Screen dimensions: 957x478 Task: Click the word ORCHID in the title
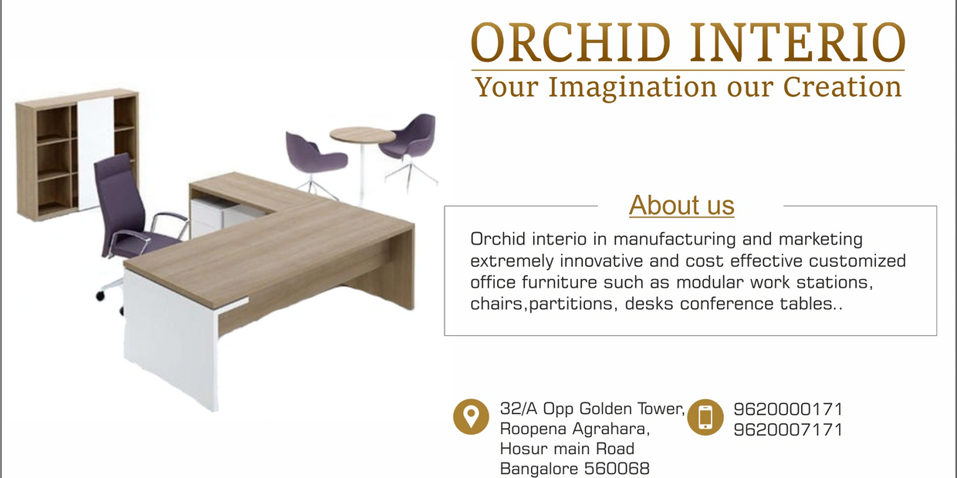(571, 42)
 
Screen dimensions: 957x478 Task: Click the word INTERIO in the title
(797, 42)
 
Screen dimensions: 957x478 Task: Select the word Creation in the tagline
(842, 86)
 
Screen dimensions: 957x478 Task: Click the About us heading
(681, 205)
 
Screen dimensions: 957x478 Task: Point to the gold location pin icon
(471, 417)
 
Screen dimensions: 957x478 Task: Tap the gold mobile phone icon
(705, 417)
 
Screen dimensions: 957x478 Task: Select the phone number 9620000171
(788, 409)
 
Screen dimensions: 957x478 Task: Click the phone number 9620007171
(788, 429)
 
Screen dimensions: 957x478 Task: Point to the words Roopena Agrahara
(575, 429)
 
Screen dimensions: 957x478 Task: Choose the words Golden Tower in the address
(632, 409)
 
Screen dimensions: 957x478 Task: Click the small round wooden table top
(362, 135)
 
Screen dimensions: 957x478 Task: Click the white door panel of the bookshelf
(95, 153)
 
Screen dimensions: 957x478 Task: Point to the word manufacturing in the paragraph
(675, 240)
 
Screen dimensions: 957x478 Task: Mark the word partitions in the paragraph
(573, 305)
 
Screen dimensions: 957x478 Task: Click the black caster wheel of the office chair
(100, 296)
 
